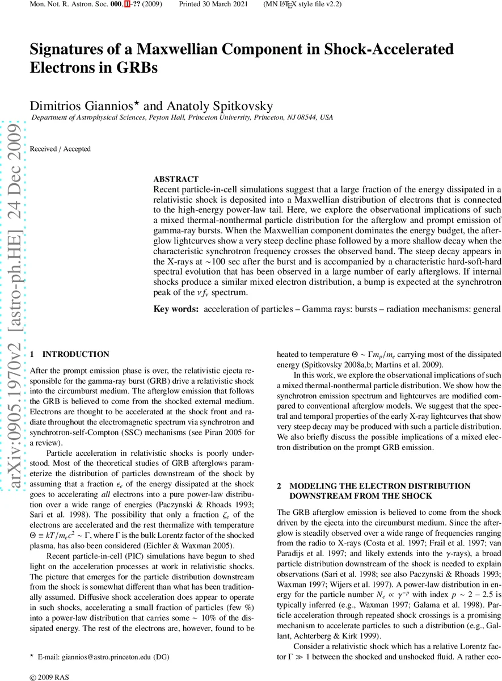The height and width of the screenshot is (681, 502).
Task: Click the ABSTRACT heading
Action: (x=176, y=179)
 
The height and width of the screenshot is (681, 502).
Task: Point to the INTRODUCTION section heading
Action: (x=76, y=354)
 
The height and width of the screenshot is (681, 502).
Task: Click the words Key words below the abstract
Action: (x=176, y=309)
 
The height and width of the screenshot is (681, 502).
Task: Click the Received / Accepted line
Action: (x=60, y=149)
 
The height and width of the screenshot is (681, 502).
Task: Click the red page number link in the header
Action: (x=126, y=4)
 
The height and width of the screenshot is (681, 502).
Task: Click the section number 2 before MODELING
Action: (x=279, y=486)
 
